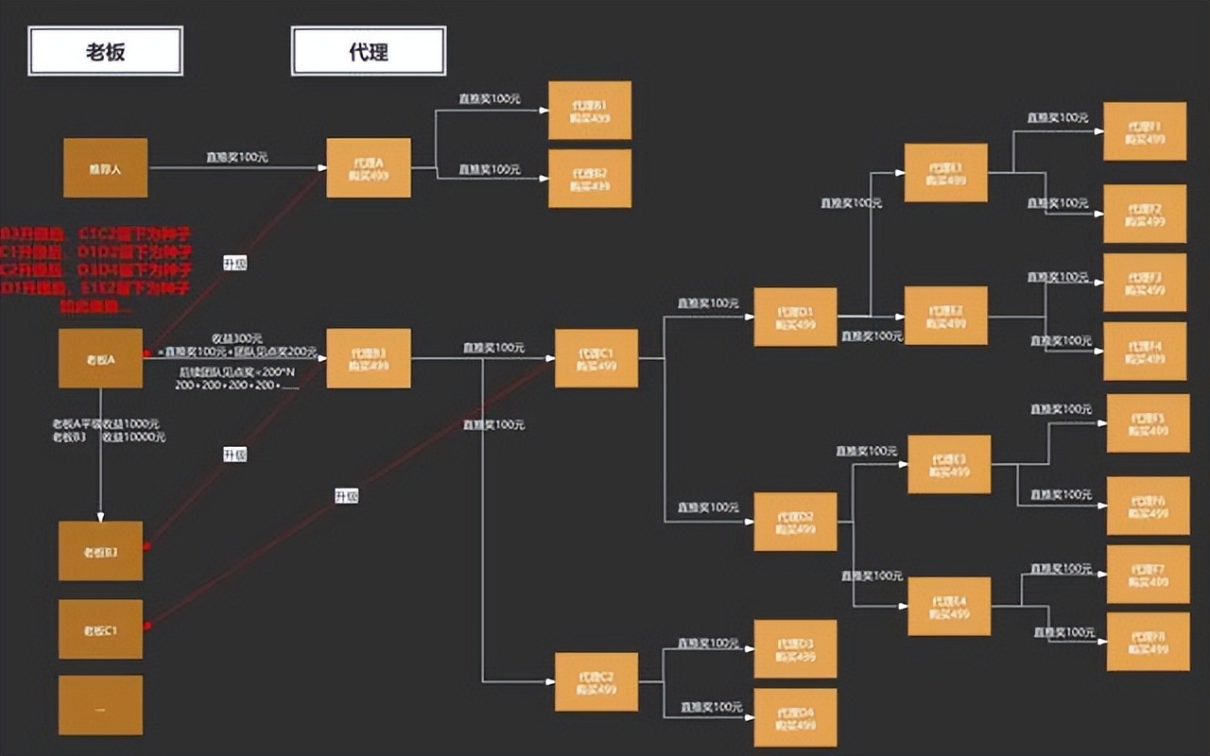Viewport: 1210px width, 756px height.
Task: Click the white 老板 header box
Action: (105, 51)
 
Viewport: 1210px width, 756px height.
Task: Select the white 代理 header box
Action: (368, 51)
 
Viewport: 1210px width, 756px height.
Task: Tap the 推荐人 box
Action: (105, 168)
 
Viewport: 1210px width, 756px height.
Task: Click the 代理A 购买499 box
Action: (368, 168)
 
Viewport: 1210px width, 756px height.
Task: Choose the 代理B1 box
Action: (589, 111)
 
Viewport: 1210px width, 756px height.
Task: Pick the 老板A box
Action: (100, 358)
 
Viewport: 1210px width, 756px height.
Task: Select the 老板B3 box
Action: (100, 551)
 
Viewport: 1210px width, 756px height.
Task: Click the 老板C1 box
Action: (100, 629)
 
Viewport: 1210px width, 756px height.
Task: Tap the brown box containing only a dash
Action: (100, 705)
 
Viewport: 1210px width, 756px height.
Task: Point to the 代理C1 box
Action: (596, 358)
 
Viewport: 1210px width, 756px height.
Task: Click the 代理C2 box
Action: (596, 682)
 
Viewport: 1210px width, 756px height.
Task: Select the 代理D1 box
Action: (795, 317)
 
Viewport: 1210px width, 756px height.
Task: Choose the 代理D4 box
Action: (795, 718)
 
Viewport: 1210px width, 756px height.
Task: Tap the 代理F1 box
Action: (1145, 131)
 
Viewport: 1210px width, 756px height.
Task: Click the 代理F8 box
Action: (1148, 642)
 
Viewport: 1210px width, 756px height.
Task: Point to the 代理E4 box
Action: (949, 607)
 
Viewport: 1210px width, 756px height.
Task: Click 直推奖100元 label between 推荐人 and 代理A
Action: (237, 157)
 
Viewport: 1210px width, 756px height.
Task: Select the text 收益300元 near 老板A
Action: (237, 338)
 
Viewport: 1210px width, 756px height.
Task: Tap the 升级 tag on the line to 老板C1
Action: (346, 496)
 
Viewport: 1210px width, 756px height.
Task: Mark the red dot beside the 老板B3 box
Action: (146, 546)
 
